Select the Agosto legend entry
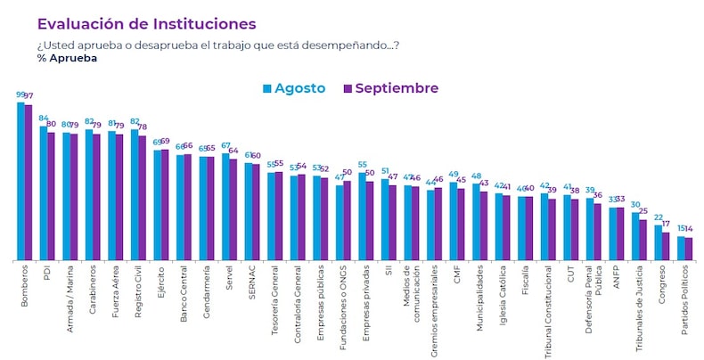tap(293, 88)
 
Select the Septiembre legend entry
tap(389, 88)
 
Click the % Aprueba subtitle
tap(68, 59)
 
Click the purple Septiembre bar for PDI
tap(51, 196)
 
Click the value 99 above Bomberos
tap(20, 94)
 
